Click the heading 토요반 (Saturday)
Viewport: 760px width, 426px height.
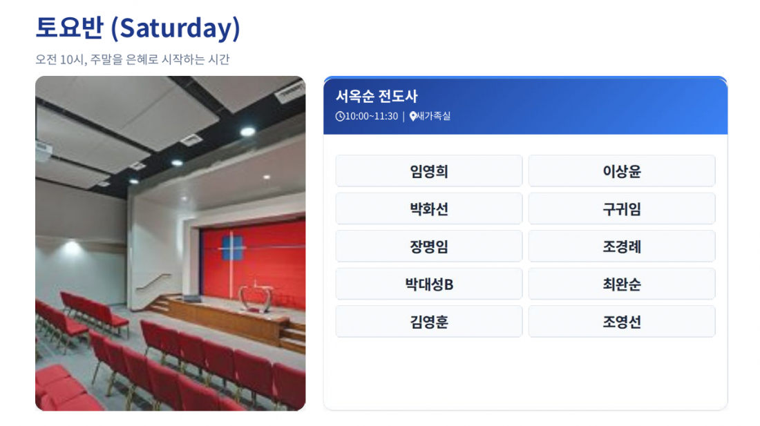137,28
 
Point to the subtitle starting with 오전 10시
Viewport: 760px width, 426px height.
133,59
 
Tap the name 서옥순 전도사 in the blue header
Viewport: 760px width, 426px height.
377,96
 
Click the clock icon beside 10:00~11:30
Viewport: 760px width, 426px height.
340,116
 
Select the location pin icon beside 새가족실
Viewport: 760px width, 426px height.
413,116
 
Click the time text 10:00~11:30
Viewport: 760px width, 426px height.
371,116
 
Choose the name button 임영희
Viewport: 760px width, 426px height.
429,171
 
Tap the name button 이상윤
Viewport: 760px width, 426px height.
622,171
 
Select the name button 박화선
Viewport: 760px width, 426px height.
429,209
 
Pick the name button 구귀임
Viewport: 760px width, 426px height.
622,209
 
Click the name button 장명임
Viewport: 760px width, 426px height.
429,246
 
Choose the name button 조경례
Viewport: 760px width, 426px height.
622,246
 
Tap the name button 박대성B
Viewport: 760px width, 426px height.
429,284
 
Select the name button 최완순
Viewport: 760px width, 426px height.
622,284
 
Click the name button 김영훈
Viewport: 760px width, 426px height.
429,322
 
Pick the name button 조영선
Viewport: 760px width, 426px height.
622,322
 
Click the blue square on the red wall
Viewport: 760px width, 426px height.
231,248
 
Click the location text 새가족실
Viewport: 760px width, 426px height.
434,116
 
